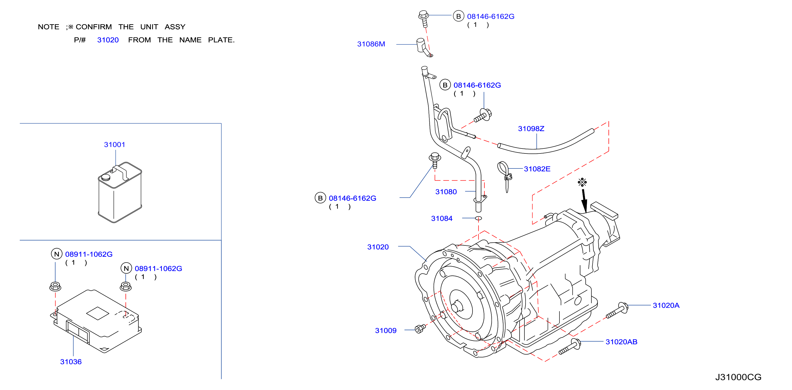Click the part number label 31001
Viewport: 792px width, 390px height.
coord(114,145)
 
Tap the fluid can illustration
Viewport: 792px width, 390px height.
coord(120,192)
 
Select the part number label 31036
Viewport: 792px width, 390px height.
coord(71,362)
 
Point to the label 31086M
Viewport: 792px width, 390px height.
coord(371,44)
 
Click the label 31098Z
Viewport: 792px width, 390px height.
coord(531,129)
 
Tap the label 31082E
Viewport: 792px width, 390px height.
coord(537,169)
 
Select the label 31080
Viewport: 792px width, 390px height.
coord(446,192)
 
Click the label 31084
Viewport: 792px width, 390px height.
coord(441,218)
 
